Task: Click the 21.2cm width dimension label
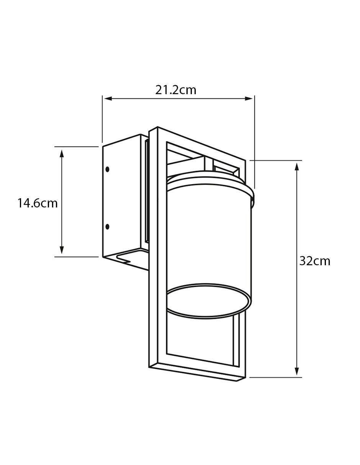[x=175, y=90]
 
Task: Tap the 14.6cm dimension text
[x=38, y=203]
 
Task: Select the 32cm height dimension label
[x=314, y=261]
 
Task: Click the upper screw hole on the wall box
[x=108, y=169]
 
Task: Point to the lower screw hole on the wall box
[x=108, y=227]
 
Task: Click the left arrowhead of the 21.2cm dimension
[x=108, y=99]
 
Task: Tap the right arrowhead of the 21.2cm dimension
[x=249, y=99]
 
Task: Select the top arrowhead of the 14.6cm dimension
[x=62, y=153]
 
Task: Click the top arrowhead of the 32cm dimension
[x=297, y=167]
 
